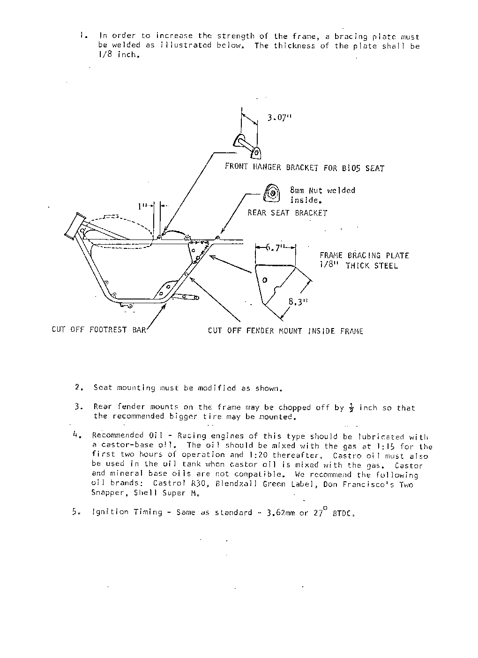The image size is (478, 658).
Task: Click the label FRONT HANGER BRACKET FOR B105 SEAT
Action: point(304,168)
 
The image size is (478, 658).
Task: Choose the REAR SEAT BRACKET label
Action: point(287,213)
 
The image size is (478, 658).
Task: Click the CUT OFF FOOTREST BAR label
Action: point(99,330)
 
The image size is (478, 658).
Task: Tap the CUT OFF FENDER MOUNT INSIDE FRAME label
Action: point(285,331)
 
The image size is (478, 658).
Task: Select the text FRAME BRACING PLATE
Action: point(364,255)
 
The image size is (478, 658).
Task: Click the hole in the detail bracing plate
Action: point(265,280)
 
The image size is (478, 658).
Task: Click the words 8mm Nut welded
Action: point(322,190)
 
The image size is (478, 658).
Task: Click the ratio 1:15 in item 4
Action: point(386,446)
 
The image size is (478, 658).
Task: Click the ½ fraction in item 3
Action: point(351,407)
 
